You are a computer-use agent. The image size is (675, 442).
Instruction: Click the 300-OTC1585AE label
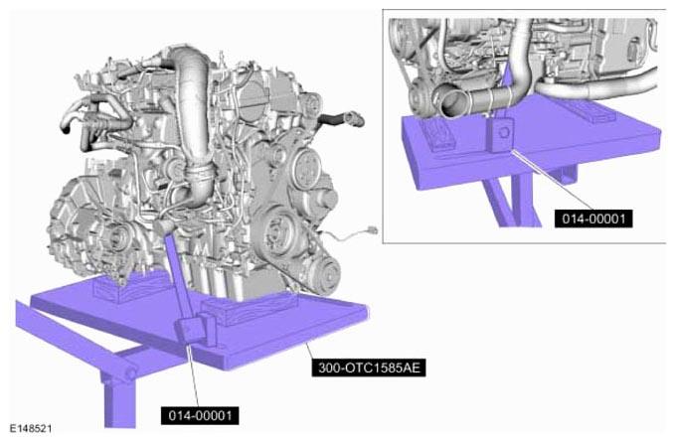369,368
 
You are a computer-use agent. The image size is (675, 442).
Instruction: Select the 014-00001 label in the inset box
593,219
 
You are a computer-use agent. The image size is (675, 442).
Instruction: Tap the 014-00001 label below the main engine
200,416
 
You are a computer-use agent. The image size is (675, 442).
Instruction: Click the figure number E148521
31,429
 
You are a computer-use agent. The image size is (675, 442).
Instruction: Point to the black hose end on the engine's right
344,118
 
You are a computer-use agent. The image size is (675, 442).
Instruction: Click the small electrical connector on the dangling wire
373,230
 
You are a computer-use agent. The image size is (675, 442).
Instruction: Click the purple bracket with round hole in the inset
501,133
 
